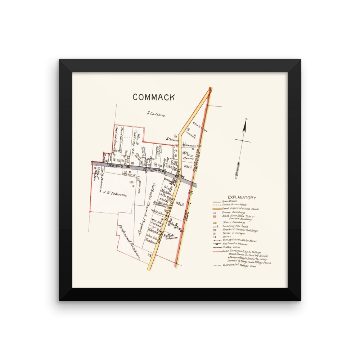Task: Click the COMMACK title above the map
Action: [154, 97]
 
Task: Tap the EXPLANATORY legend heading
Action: [242, 198]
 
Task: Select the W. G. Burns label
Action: [189, 157]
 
